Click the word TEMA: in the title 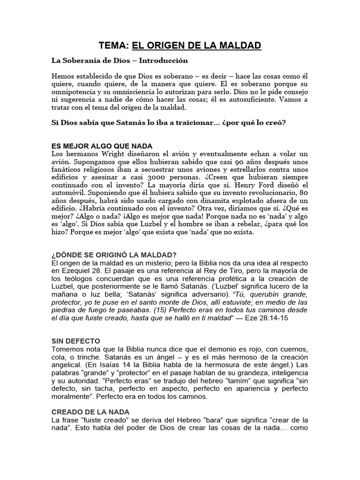pos(113,45)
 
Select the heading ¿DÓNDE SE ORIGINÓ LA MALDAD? pos(113,255)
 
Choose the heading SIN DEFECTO pos(75,340)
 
